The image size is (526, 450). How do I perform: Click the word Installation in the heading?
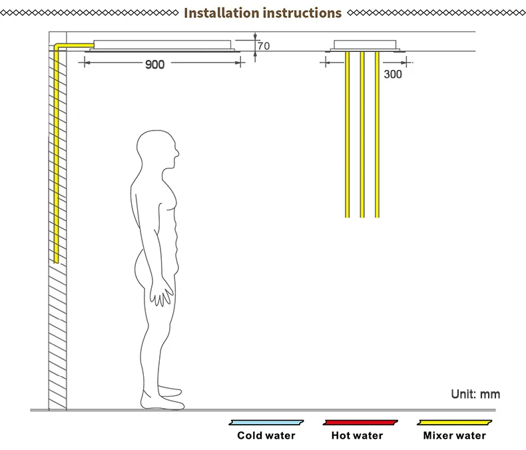click(x=221, y=13)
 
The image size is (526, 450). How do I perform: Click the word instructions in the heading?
click(x=302, y=13)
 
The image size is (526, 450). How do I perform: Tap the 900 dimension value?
click(x=154, y=65)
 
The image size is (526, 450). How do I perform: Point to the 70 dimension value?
click(x=264, y=46)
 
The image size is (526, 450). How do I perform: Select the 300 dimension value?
click(x=393, y=75)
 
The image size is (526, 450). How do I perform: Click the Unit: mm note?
click(x=475, y=394)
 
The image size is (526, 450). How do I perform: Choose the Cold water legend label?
click(x=266, y=436)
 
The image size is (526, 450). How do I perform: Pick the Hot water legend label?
click(x=357, y=436)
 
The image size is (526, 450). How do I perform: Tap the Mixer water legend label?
click(x=455, y=436)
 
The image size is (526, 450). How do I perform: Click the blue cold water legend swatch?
click(x=266, y=422)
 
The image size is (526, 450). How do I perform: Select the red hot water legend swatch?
click(x=360, y=422)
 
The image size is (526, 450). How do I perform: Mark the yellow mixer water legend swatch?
click(x=455, y=422)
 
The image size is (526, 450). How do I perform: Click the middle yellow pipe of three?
click(x=362, y=133)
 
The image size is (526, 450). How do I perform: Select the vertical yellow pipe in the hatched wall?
click(x=56, y=153)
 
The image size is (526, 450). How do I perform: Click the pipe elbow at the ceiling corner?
click(x=57, y=46)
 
